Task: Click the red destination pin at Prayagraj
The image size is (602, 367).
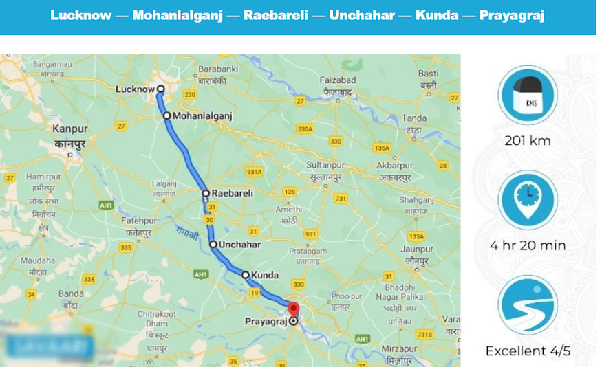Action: (x=294, y=309)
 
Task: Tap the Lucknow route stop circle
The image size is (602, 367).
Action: (x=160, y=89)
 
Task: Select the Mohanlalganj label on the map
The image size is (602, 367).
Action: (x=202, y=116)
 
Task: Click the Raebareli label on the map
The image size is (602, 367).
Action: (x=232, y=194)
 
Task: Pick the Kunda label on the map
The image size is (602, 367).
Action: (x=265, y=275)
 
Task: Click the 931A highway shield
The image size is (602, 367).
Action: (x=255, y=171)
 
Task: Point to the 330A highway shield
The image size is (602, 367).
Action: (x=304, y=129)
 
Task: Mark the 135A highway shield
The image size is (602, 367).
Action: (x=380, y=148)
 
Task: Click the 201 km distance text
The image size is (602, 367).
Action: (x=528, y=141)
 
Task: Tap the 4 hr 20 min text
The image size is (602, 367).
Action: (x=528, y=245)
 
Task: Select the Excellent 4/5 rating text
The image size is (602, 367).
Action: (x=528, y=351)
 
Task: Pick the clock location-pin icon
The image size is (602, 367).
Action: (x=528, y=199)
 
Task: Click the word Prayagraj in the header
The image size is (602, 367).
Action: (x=512, y=16)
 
